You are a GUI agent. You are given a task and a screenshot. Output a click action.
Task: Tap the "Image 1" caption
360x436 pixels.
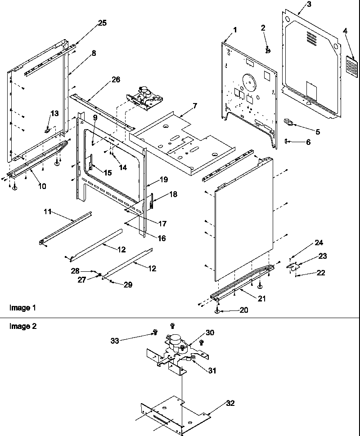tap(22, 308)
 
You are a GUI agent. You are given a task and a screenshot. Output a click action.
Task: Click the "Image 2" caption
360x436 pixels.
tap(22, 326)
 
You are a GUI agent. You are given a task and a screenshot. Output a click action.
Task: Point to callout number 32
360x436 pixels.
tap(230, 403)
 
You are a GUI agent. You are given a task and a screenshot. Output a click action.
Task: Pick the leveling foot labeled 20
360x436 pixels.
tap(217, 311)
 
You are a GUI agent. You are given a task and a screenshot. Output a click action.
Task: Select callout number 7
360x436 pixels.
tap(194, 107)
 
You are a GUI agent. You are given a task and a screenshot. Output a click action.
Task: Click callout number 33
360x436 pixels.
tap(115, 341)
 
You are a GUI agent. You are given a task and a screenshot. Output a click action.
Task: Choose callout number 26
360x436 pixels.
tap(116, 80)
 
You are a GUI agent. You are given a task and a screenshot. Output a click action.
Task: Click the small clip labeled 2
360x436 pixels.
tap(267, 50)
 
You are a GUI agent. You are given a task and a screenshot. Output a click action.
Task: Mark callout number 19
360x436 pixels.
tap(163, 180)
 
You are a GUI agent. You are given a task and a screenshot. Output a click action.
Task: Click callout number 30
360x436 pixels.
tap(210, 333)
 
